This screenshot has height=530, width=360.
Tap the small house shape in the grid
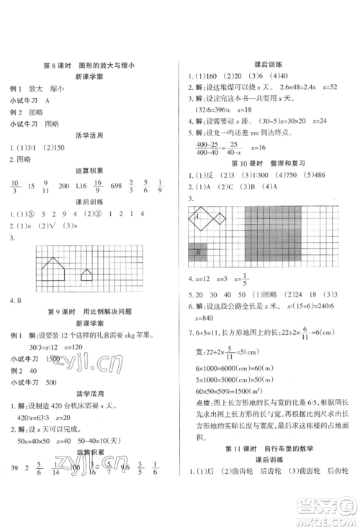point(86,275)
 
